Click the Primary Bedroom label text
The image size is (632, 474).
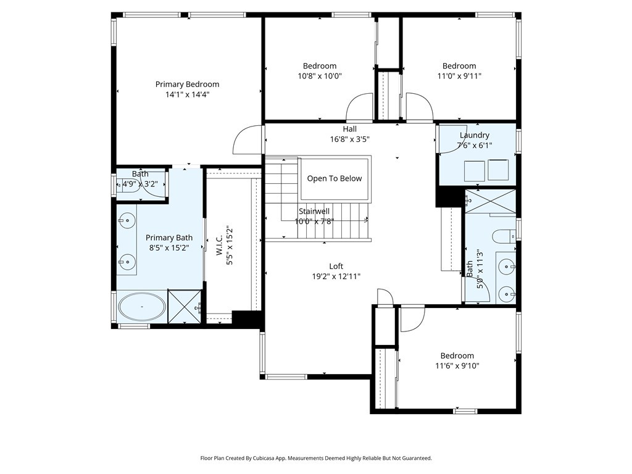(187, 85)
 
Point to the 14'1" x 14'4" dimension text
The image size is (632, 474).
(187, 95)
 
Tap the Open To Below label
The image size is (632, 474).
(335, 178)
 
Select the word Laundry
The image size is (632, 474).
(475, 135)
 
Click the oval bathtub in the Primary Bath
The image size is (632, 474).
(142, 307)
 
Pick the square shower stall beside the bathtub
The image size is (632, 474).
(185, 307)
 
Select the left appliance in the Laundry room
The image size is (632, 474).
(474, 170)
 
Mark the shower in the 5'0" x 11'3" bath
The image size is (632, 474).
(489, 202)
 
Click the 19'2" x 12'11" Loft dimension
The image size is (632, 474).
(336, 276)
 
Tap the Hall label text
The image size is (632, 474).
(350, 129)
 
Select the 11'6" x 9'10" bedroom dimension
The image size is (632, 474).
(457, 366)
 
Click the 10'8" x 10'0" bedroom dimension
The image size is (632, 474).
(320, 77)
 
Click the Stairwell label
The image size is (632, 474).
(314, 211)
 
